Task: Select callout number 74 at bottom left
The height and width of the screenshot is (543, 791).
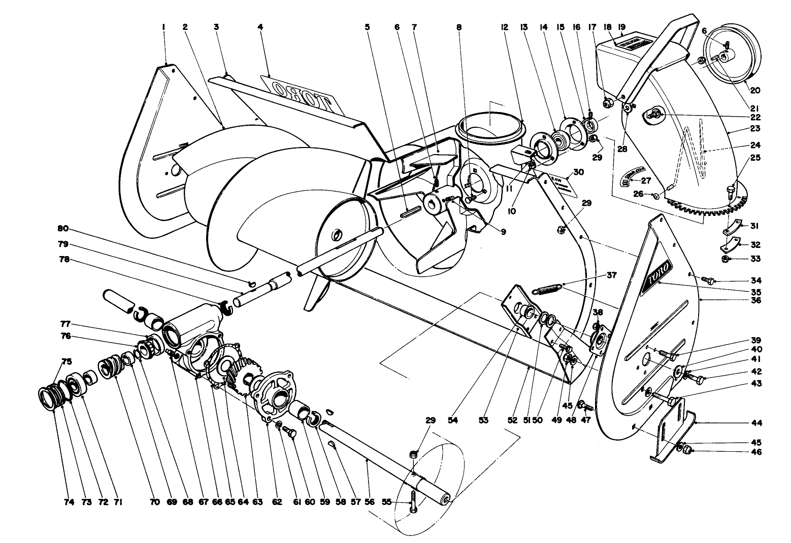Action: click(69, 502)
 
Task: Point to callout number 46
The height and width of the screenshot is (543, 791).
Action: click(756, 452)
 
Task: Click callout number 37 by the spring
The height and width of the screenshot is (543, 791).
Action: click(611, 275)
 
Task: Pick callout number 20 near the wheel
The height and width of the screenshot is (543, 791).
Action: click(755, 90)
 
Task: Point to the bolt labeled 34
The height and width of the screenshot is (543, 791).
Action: click(709, 280)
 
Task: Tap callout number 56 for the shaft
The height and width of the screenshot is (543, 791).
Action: click(370, 502)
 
